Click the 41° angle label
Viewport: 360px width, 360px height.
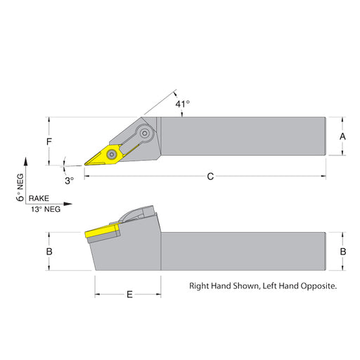tap(183, 104)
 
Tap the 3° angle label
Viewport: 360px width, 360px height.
tap(70, 181)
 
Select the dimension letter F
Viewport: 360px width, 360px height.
tap(49, 141)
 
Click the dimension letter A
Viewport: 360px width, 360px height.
tap(342, 136)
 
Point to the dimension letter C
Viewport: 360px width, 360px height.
tap(210, 176)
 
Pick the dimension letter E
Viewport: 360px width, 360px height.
tap(129, 295)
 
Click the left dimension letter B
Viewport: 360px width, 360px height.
tap(49, 252)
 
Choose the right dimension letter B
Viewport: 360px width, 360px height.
tap(343, 252)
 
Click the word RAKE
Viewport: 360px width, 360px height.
tap(39, 198)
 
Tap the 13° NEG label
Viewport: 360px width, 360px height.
tap(46, 209)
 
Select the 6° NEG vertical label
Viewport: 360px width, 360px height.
tap(20, 187)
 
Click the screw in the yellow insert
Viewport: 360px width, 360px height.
tap(112, 155)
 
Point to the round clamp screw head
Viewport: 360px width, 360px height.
tap(145, 134)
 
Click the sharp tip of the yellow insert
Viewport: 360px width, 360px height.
tap(84, 165)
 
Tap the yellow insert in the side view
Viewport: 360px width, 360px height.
tap(103, 231)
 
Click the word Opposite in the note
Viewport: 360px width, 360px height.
tap(319, 286)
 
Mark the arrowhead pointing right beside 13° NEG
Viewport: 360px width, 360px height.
tap(67, 204)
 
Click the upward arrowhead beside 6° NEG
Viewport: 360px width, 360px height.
tap(26, 162)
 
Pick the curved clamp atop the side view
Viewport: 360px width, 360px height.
tap(136, 214)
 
